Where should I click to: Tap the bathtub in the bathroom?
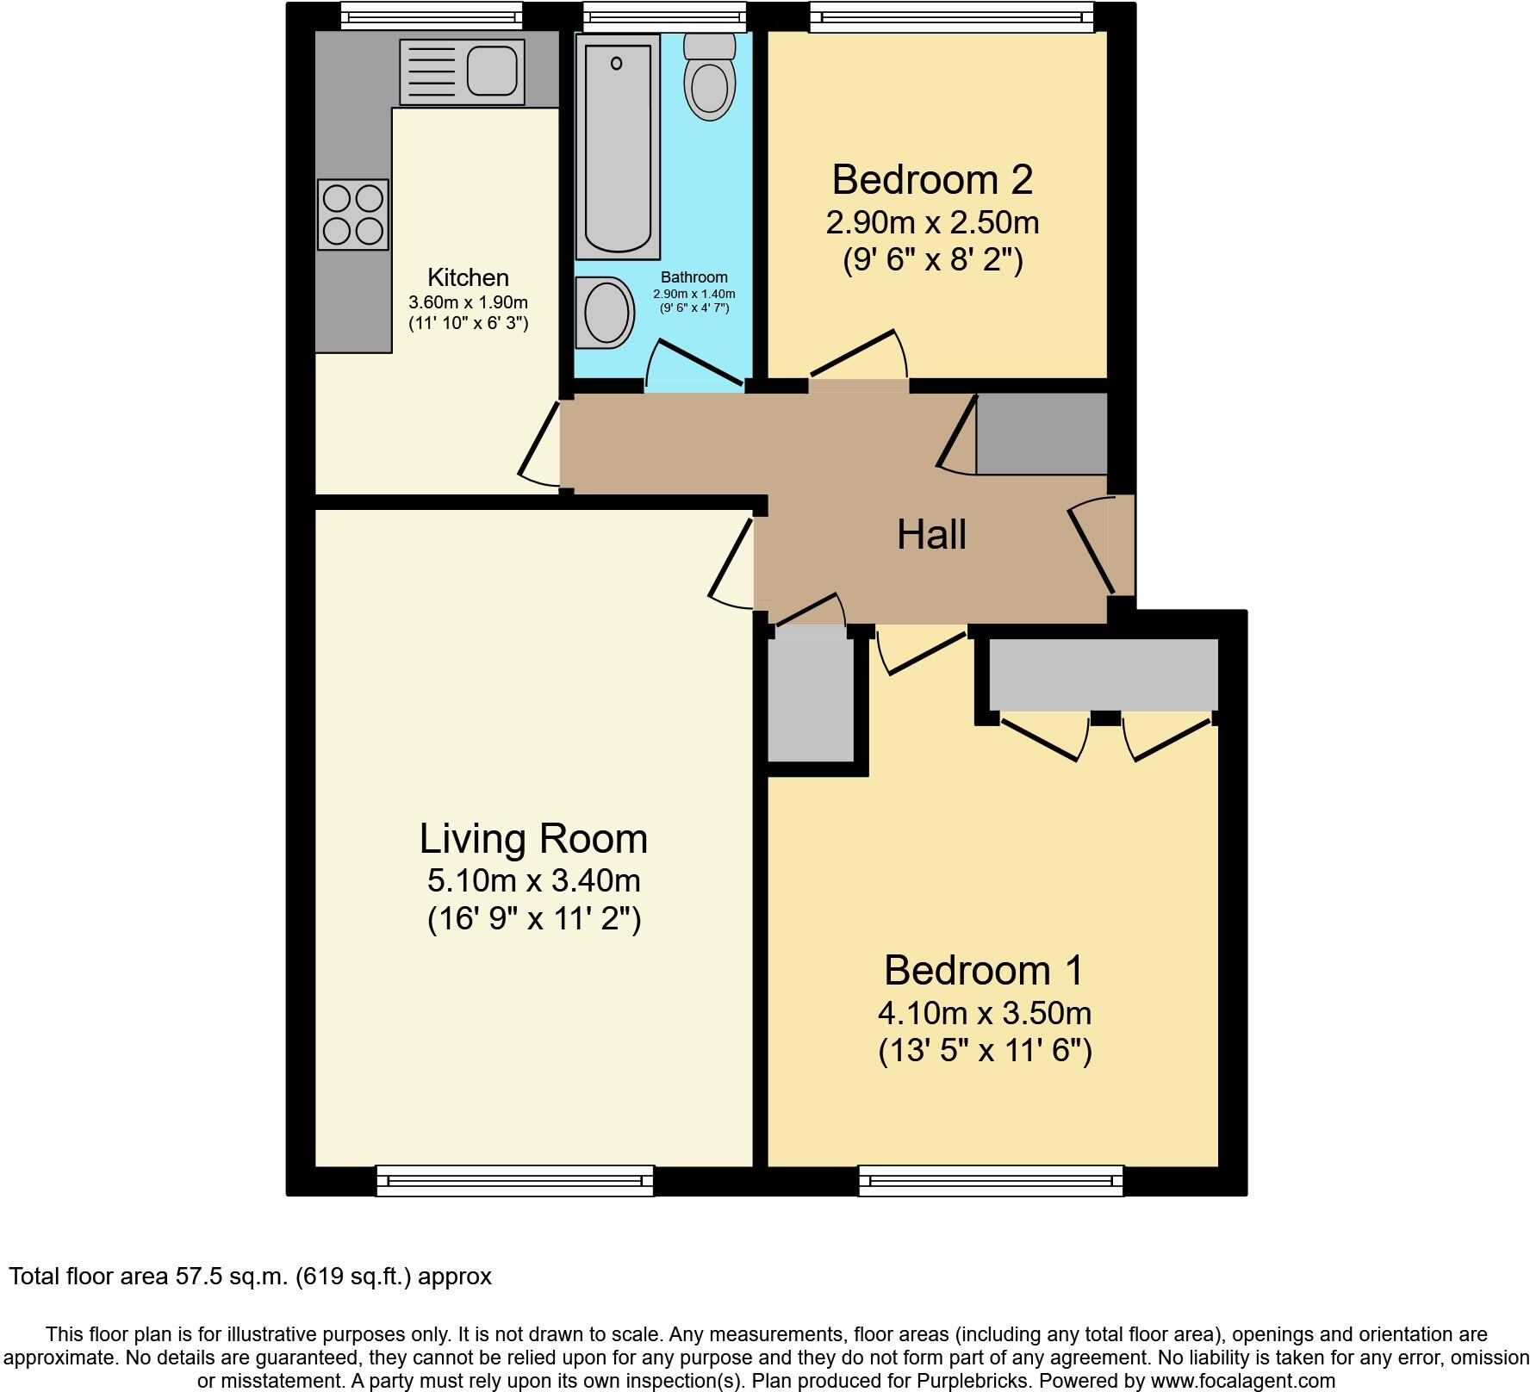(618, 146)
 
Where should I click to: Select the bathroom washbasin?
(606, 312)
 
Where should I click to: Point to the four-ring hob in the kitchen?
(352, 214)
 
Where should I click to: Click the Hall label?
(931, 535)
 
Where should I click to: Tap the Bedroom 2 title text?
(932, 180)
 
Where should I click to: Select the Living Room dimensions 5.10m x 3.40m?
(533, 880)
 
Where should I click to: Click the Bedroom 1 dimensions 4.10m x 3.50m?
(985, 1013)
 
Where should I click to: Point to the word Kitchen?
(468, 277)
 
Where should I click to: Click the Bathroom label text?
(693, 277)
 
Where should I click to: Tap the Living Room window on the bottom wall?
(514, 1180)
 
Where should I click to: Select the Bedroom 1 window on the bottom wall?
(991, 1180)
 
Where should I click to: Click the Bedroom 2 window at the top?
(951, 16)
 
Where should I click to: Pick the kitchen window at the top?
(431, 16)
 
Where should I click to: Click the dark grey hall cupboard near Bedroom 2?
(1041, 434)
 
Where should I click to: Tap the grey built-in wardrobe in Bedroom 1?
(1103, 674)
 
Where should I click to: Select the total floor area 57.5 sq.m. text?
(250, 1276)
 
